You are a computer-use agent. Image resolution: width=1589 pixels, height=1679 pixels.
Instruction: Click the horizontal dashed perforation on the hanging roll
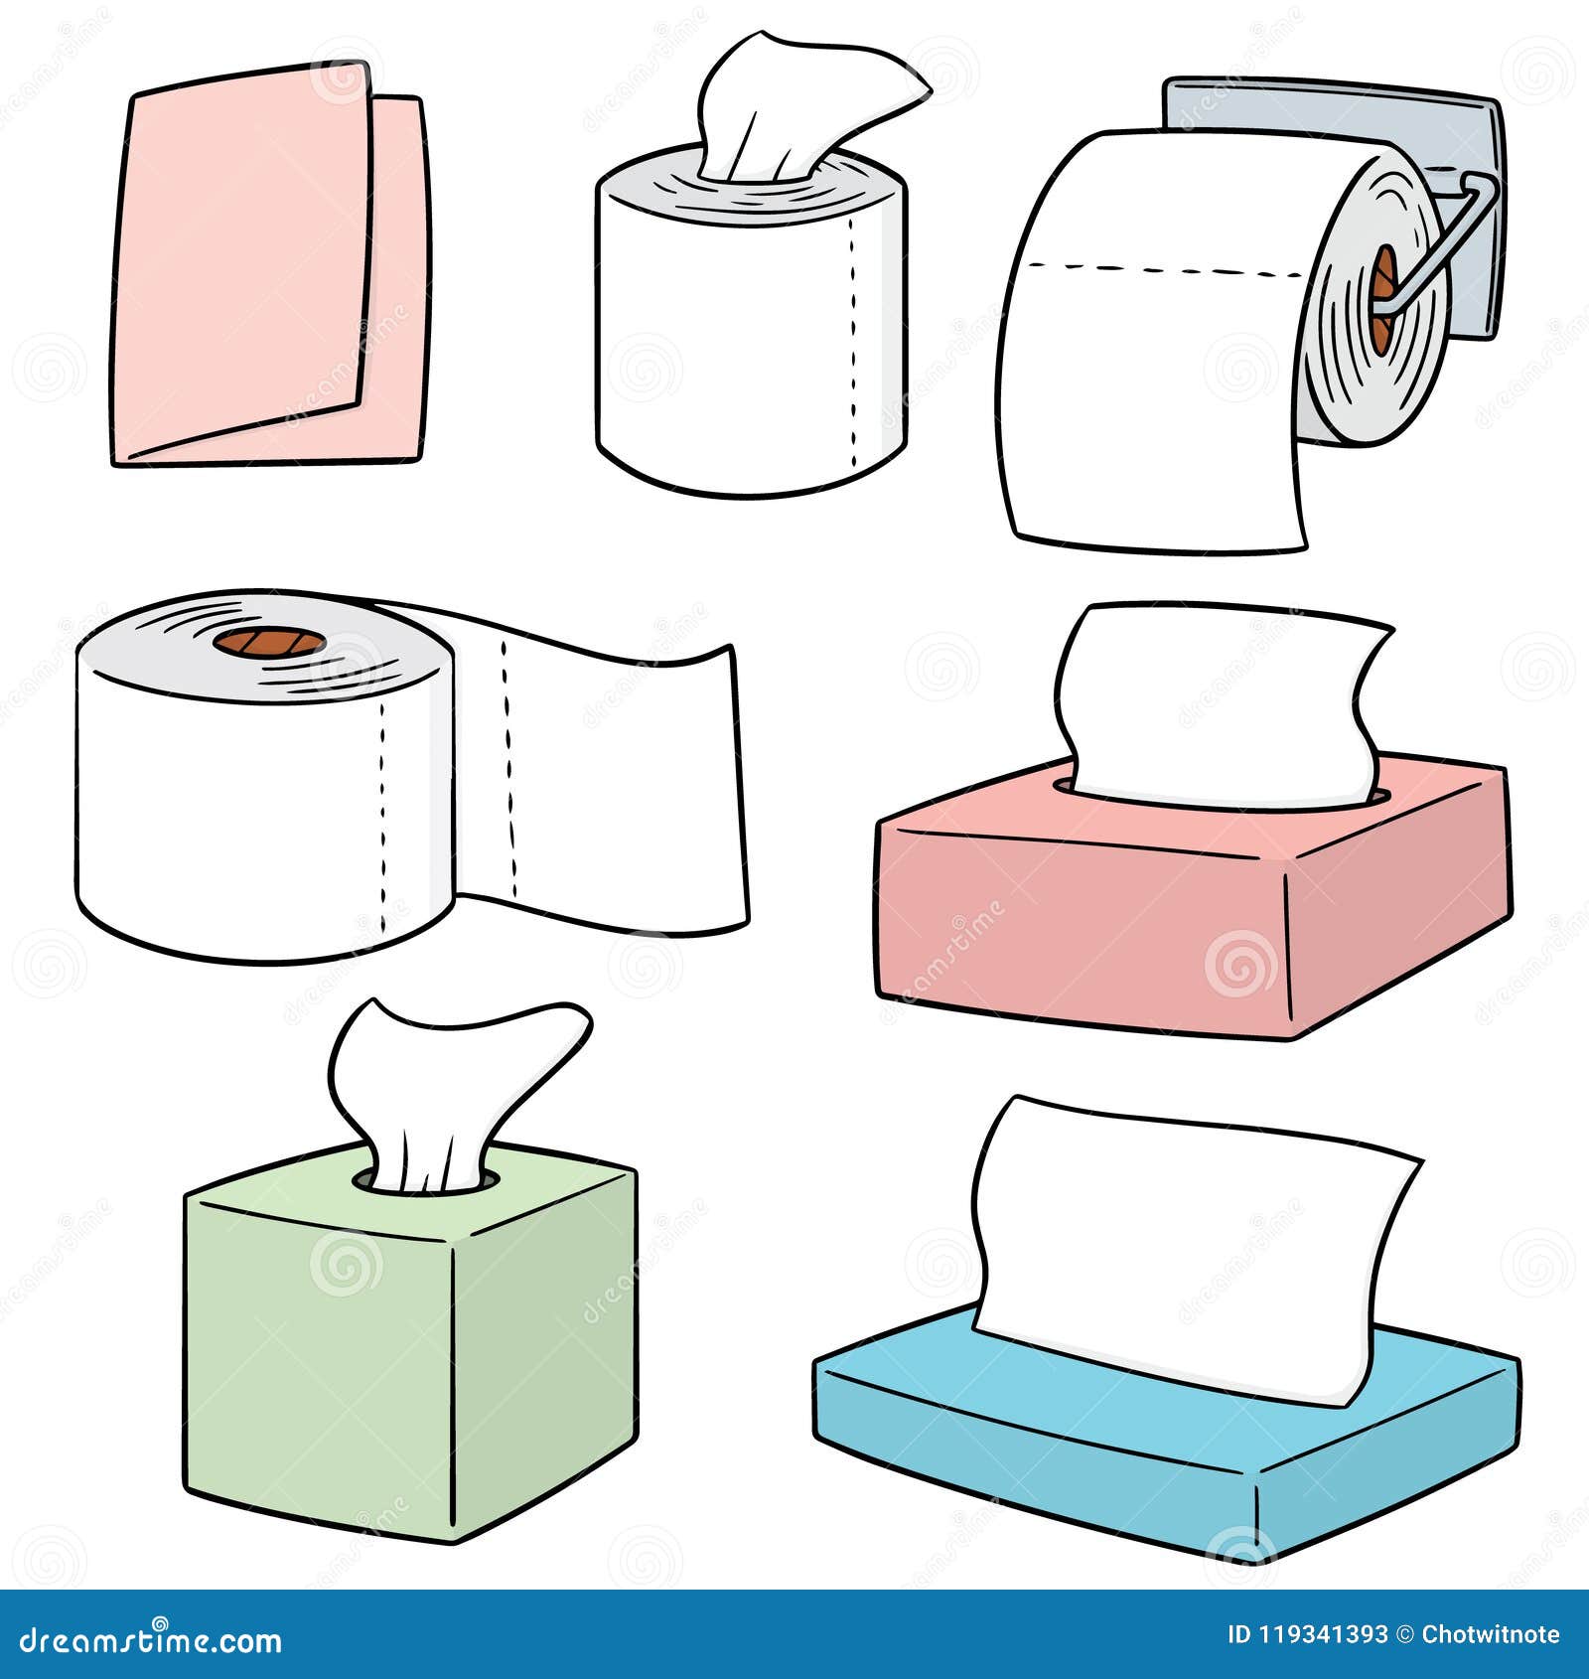(1162, 268)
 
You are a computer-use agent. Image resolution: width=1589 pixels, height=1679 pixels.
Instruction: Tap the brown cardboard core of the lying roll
(269, 642)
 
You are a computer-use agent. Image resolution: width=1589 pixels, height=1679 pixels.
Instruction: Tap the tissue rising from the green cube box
(447, 1083)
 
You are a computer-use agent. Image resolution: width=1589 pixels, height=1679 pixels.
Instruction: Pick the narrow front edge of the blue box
(1033, 1450)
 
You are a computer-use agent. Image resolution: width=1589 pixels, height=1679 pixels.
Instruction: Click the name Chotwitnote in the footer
(1490, 1634)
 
